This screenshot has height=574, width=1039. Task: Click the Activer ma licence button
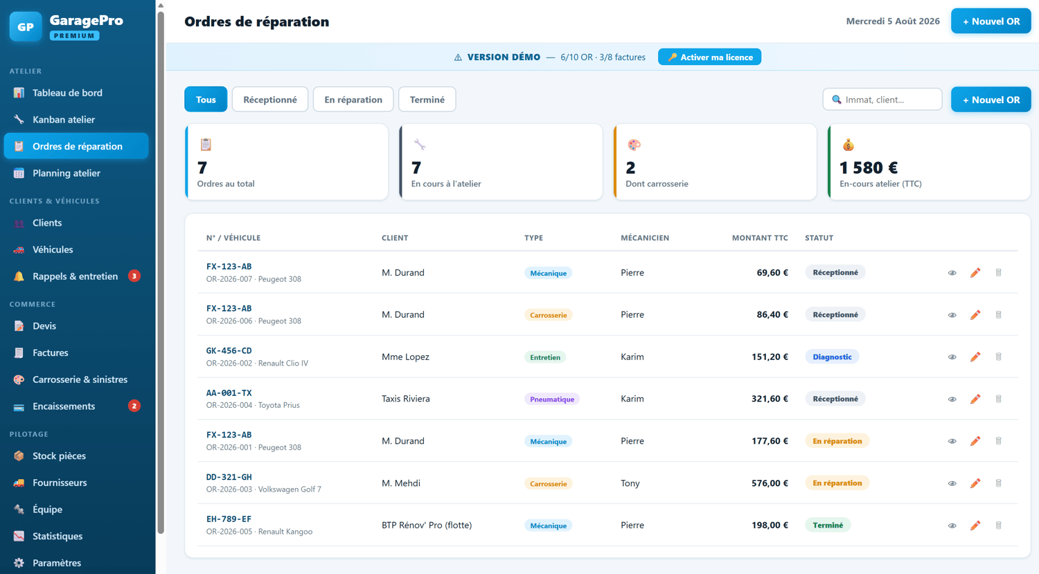pos(709,57)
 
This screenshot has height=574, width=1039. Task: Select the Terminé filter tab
pos(427,99)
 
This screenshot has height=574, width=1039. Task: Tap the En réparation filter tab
pos(353,99)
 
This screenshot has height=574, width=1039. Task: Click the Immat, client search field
pos(882,99)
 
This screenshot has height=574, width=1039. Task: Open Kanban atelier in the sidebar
pos(64,119)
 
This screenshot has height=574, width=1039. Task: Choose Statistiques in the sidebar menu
pos(57,536)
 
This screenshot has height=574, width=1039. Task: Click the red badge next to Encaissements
pos(134,406)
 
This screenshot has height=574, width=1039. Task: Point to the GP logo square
pos(26,26)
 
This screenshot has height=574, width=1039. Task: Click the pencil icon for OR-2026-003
pos(975,483)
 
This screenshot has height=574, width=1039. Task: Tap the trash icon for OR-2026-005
pos(999,526)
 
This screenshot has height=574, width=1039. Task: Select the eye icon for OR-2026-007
pos(952,273)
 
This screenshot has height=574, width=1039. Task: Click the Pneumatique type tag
pos(551,399)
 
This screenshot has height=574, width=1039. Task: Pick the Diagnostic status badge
pos(832,357)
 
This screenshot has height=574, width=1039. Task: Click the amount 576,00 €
pos(770,483)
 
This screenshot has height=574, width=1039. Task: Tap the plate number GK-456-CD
pos(229,350)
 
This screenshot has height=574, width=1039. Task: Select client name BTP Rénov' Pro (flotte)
pos(426,525)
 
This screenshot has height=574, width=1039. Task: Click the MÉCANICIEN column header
pos(645,238)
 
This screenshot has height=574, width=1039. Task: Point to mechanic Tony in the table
pos(630,483)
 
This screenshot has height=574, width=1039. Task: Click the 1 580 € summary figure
pos(869,168)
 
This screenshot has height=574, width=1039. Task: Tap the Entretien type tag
pos(545,357)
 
